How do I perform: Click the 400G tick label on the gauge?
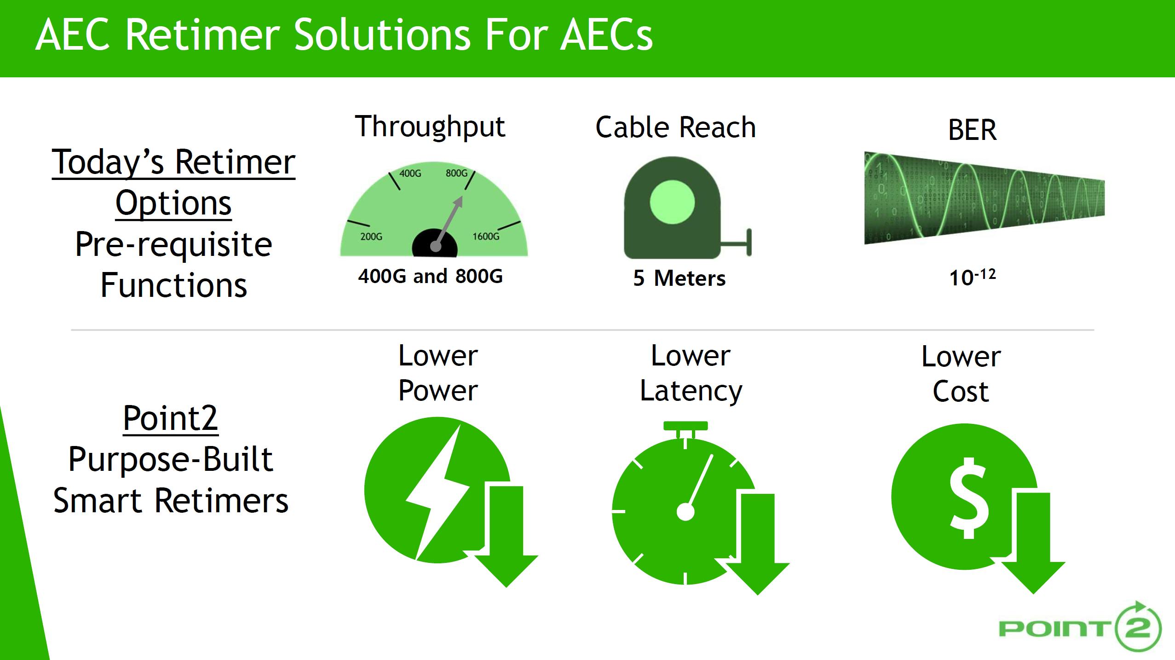pyautogui.click(x=410, y=174)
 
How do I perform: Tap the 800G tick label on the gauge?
pyautogui.click(x=456, y=174)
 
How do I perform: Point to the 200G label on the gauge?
pyautogui.click(x=371, y=237)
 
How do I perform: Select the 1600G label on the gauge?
pyautogui.click(x=486, y=237)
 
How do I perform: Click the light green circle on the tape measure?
pyautogui.click(x=672, y=203)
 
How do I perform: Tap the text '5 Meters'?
pyautogui.click(x=680, y=278)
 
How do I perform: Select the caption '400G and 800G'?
pyautogui.click(x=431, y=276)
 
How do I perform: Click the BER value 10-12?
pyautogui.click(x=972, y=278)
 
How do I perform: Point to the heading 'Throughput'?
pyautogui.click(x=430, y=127)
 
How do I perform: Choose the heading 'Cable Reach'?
pyautogui.click(x=675, y=127)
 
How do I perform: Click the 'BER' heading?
pyautogui.click(x=972, y=130)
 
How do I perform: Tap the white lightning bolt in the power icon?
pyautogui.click(x=437, y=492)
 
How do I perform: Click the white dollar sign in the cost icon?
pyautogui.click(x=969, y=498)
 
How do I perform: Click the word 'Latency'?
pyautogui.click(x=691, y=392)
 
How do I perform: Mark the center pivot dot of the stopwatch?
pyautogui.click(x=685, y=512)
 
